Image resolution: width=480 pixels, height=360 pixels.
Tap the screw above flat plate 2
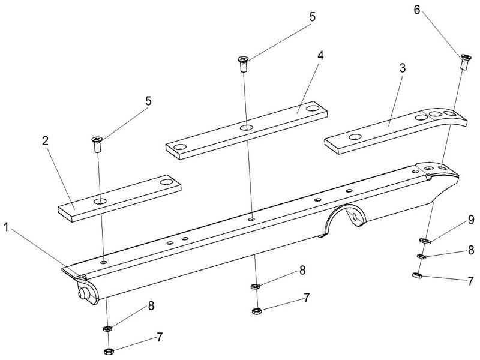click(x=97, y=142)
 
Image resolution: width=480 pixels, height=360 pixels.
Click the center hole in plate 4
click(x=246, y=128)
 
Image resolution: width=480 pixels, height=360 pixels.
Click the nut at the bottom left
click(x=109, y=350)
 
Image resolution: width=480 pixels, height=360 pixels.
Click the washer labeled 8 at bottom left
click(x=108, y=328)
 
